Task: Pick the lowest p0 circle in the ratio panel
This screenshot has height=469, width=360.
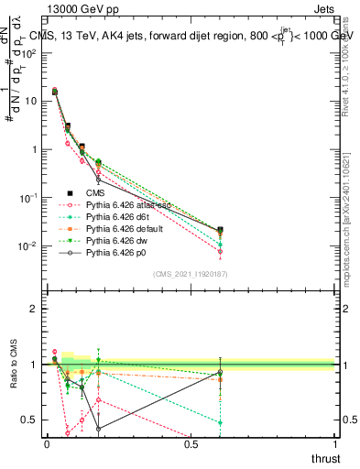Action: tap(98, 428)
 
